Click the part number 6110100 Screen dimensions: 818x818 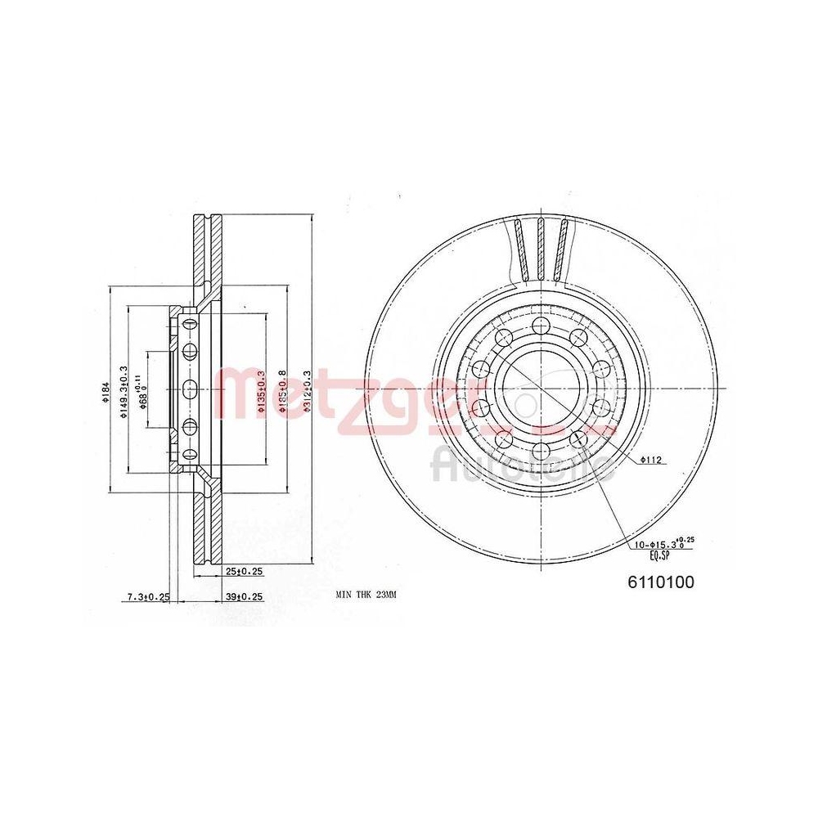click(x=660, y=582)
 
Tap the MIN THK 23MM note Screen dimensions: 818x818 click(x=366, y=596)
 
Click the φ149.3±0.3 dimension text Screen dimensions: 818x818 click(x=124, y=392)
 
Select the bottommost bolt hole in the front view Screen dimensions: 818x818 click(x=540, y=451)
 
